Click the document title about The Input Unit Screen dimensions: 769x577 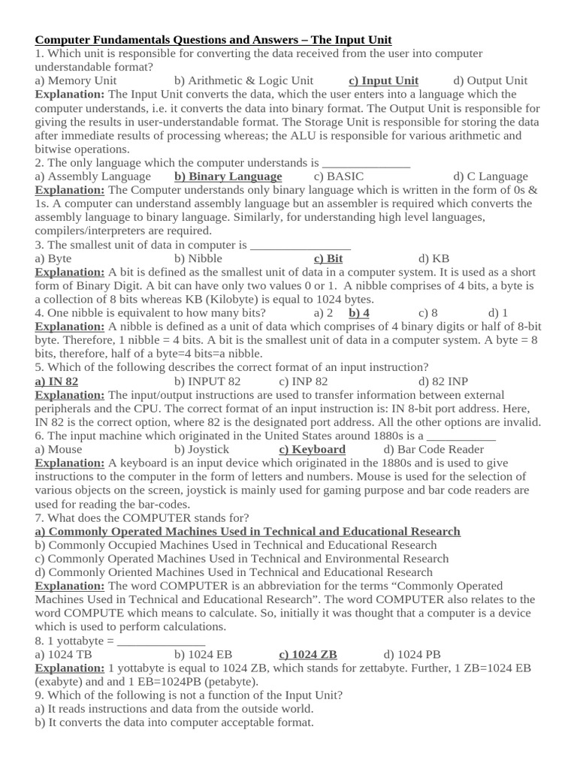point(213,40)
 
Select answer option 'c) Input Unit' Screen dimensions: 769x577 point(383,80)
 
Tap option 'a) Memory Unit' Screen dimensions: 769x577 point(76,80)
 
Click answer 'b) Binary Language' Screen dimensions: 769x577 point(228,176)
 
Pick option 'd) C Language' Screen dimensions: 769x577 point(491,176)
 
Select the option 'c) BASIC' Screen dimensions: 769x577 point(339,176)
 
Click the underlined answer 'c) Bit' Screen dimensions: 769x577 point(328,258)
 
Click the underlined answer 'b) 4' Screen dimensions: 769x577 point(359,313)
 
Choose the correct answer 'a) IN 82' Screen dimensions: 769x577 point(57,381)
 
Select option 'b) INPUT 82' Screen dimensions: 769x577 point(207,381)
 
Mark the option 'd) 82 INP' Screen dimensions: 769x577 point(443,381)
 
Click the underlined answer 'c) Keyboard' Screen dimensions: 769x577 point(312,449)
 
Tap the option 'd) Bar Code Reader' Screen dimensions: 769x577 point(434,449)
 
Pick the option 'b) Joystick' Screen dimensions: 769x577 point(202,449)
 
